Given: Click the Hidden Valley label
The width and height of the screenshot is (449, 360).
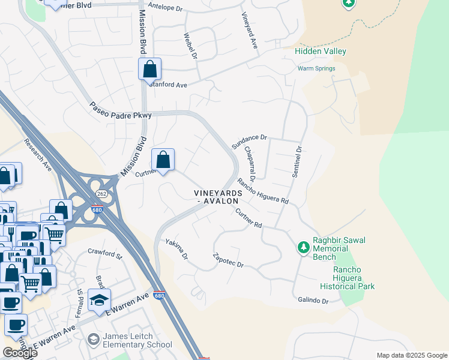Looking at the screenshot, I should [321, 52].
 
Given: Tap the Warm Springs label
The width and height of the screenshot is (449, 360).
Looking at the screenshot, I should [316, 68].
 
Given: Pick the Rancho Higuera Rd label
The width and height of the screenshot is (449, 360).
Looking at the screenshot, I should [263, 191].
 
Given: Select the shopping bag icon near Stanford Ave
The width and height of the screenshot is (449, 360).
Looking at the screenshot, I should [150, 69].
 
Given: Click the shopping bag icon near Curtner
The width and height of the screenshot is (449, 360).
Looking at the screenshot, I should [163, 160].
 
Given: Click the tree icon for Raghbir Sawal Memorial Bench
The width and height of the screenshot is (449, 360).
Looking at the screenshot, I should [304, 247].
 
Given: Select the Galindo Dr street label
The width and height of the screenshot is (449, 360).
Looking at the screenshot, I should [313, 300].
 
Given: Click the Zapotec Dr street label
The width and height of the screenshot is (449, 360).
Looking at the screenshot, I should [228, 260].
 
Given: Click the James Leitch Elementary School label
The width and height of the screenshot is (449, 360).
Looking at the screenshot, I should [137, 340].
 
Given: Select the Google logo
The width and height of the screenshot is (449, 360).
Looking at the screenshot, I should [20, 353].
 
